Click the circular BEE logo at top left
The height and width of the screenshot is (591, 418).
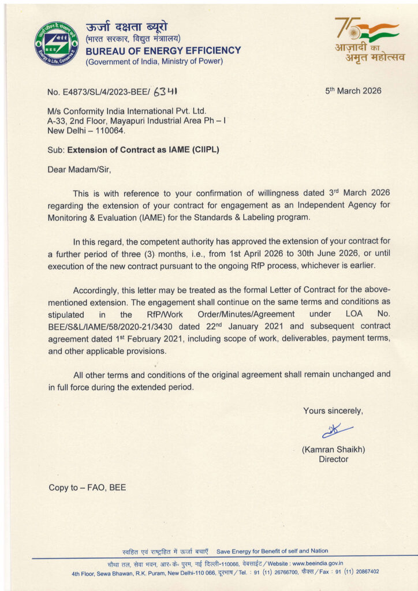57,43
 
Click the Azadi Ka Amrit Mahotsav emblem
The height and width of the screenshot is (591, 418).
370,39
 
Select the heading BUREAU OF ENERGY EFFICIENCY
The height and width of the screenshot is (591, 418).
163,51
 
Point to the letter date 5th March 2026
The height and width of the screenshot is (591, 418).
353,91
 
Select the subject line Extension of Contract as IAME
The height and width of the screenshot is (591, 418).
143,150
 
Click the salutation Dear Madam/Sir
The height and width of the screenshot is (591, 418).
79,170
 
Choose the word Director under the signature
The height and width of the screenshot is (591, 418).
334,459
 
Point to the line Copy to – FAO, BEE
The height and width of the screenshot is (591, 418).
87,488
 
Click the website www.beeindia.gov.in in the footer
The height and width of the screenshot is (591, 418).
318,563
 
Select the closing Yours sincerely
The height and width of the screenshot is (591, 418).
333,411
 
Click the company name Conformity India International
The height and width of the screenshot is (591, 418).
127,111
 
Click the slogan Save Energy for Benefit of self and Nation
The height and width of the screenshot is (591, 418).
272,551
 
